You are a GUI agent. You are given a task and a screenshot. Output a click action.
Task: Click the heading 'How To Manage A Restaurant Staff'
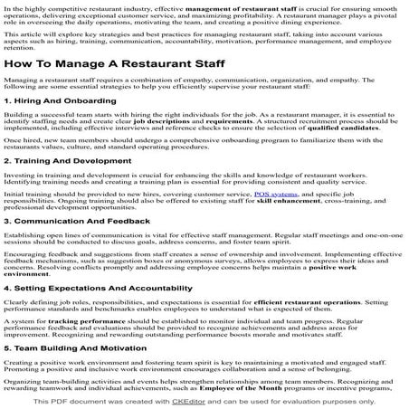[119, 65]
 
